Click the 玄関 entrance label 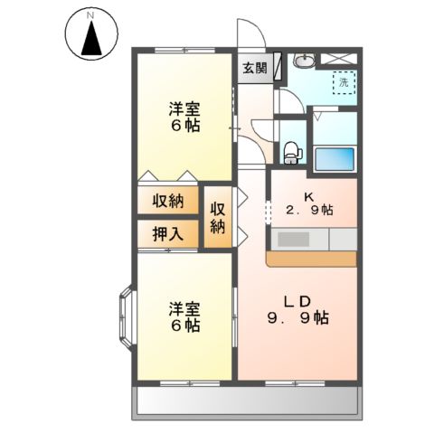pos(254,68)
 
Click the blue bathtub pos(335,159)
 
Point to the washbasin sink pos(306,61)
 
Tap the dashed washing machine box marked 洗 pos(344,82)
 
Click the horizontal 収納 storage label pos(168,201)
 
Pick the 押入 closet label pos(168,234)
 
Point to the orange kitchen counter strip pos(312,259)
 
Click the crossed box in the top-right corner pos(344,59)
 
